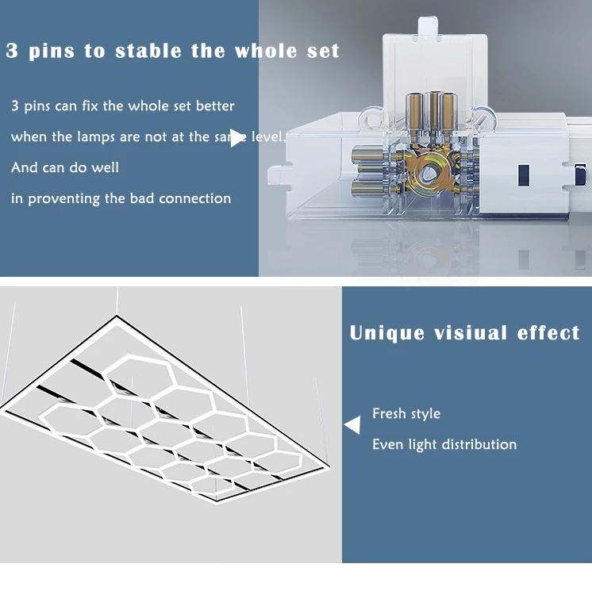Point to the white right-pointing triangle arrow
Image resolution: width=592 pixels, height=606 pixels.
coord(237,137)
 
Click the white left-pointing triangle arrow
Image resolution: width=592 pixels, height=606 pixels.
coord(352,426)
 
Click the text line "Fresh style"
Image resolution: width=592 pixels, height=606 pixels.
coord(406,414)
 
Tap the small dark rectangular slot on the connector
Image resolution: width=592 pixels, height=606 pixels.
coord(524,173)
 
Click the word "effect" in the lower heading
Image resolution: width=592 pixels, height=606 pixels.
coord(548,333)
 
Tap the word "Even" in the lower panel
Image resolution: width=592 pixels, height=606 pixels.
coord(388,444)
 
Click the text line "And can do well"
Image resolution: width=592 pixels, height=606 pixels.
coord(65,168)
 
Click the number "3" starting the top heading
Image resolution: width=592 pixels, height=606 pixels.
coord(12,52)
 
